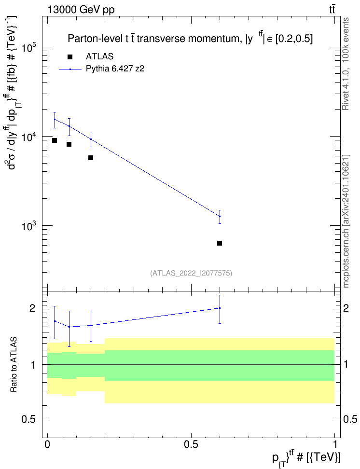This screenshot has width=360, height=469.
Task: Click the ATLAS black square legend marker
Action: [70, 56]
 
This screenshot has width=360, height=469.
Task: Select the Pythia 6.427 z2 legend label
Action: [115, 69]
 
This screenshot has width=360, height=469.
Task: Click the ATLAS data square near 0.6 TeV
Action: [220, 243]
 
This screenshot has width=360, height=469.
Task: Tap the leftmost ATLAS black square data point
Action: [55, 140]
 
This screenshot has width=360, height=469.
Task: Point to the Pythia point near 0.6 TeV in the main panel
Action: [220, 216]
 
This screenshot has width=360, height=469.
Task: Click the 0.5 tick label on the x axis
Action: [191, 444]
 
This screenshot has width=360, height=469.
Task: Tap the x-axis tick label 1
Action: [334, 444]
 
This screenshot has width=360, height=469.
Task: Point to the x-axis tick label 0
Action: [47, 444]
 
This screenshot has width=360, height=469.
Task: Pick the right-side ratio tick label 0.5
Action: [350, 420]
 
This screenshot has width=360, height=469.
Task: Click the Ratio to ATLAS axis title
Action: [14, 365]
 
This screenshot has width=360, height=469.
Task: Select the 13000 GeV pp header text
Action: [81, 10]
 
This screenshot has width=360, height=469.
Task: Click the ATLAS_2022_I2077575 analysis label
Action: [191, 273]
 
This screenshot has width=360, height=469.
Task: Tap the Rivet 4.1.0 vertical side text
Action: [346, 64]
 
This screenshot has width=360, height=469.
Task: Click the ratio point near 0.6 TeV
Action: [220, 308]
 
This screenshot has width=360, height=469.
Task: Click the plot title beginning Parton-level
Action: [190, 38]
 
